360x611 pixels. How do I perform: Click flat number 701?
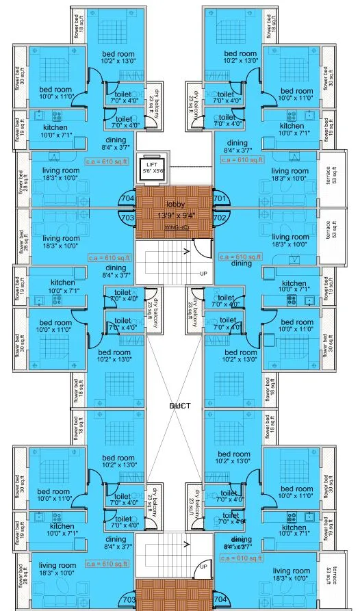(x=219, y=200)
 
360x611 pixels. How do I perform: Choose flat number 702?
(x=219, y=217)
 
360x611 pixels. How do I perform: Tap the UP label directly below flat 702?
(x=203, y=273)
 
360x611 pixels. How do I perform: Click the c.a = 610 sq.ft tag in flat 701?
(x=242, y=160)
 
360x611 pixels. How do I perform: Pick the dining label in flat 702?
(x=241, y=263)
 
